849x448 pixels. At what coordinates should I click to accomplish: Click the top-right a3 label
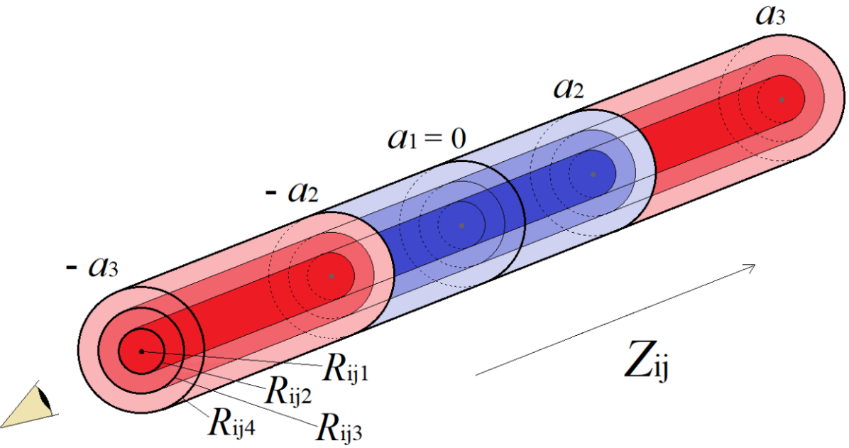pyautogui.click(x=770, y=15)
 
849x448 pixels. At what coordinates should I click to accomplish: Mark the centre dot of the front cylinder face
pyautogui.click(x=141, y=351)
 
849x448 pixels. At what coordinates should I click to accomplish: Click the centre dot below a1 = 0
pyautogui.click(x=461, y=226)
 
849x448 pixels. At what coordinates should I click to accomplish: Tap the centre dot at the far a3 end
pyautogui.click(x=782, y=99)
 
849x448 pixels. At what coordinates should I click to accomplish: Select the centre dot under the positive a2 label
pyautogui.click(x=593, y=174)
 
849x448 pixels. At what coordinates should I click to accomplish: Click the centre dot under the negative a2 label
pyautogui.click(x=332, y=275)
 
